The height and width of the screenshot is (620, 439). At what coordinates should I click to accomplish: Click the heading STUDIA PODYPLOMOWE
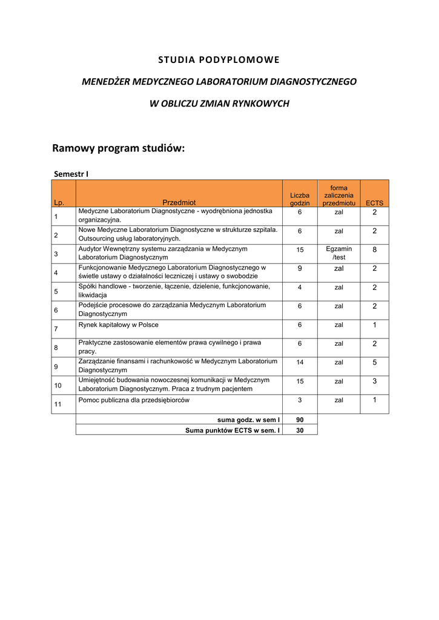coord(219,59)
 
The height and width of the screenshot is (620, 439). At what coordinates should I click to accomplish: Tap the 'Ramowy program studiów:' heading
coord(118,148)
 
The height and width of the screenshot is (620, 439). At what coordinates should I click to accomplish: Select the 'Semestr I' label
coord(71,174)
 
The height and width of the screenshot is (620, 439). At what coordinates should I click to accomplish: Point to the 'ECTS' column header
coord(374,203)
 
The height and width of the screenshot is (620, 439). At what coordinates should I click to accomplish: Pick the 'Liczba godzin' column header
coord(300,199)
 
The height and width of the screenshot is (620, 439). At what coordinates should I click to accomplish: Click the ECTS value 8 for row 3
coord(374,249)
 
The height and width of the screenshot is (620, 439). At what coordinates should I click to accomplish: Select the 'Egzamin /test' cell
coord(338,253)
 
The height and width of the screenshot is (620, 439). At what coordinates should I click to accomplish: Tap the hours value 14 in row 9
coord(300,362)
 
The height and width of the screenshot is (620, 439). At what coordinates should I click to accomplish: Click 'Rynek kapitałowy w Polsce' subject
coord(119,325)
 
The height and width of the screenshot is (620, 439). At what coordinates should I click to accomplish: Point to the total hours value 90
coord(300,420)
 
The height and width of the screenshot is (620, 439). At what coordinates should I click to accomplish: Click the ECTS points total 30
coord(300,430)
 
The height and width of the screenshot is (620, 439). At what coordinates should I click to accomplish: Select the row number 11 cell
coord(58,404)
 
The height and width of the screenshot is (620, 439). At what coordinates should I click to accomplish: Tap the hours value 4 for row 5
coord(300,287)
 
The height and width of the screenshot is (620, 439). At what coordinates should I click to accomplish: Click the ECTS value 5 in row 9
coord(374,362)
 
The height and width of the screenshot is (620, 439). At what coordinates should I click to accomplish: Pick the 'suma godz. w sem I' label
coord(248,420)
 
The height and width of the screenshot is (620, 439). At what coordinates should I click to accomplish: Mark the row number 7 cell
coord(56,329)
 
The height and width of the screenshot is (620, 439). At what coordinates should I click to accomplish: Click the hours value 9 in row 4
coord(300,268)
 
